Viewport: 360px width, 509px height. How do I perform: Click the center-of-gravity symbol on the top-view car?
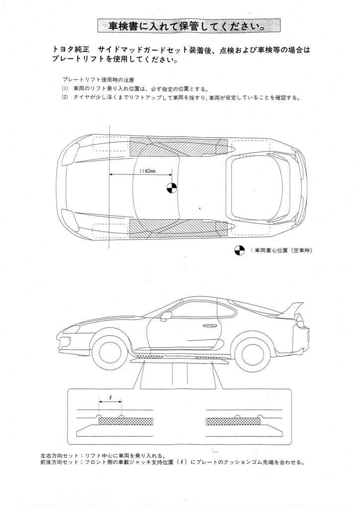coord(171,188)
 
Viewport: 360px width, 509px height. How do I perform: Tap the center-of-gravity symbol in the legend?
coord(240,251)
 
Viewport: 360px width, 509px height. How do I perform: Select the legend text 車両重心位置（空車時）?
coord(283,251)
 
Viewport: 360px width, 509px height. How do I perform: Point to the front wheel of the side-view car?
coord(110,352)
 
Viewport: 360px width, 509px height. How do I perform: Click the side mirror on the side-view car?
coord(166,315)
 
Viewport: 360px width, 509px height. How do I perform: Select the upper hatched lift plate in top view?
coord(177,144)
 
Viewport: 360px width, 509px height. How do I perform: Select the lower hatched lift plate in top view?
coord(177,227)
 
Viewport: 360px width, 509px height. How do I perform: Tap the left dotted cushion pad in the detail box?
coord(124,421)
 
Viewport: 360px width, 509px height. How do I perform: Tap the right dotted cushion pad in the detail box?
coord(233,421)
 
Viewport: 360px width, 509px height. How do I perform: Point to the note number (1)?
coord(65,88)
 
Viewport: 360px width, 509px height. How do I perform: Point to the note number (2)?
coord(65,97)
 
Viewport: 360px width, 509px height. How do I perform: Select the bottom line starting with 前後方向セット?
coord(172,461)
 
